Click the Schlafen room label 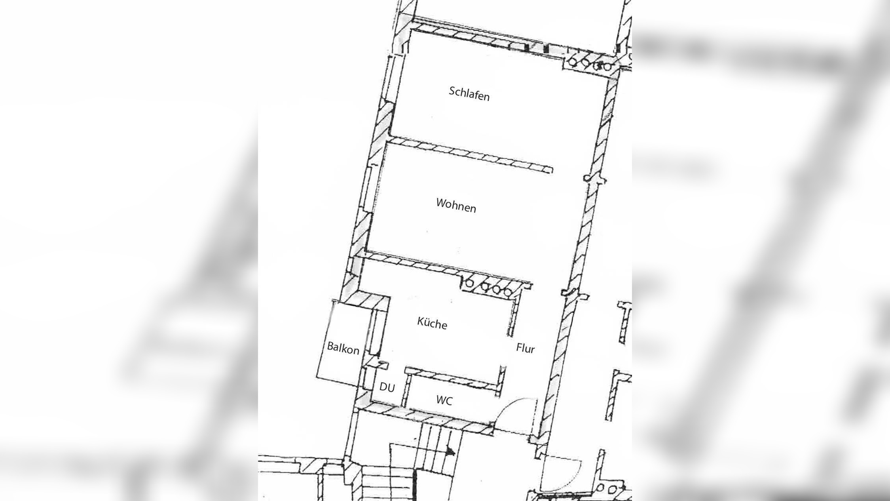click(x=469, y=94)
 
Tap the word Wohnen click(x=456, y=206)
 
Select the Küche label click(x=432, y=323)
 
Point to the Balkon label click(x=343, y=348)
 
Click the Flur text click(x=525, y=348)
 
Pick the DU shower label click(x=387, y=387)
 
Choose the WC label click(x=444, y=400)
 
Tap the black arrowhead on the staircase click(x=450, y=451)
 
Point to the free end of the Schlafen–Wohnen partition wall click(x=548, y=170)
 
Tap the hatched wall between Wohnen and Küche click(x=412, y=263)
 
